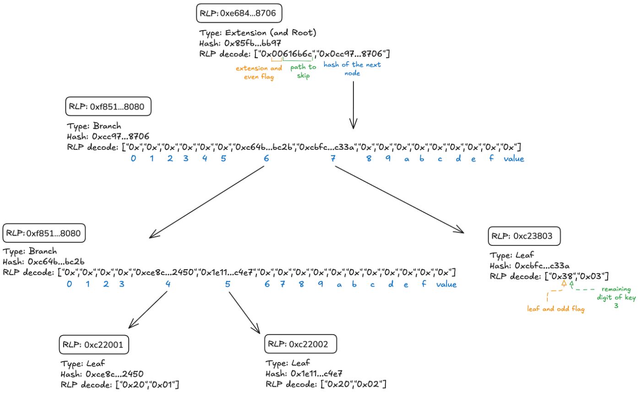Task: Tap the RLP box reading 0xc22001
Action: (x=94, y=344)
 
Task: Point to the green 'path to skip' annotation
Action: (x=303, y=72)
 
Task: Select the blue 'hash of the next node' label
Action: (x=352, y=69)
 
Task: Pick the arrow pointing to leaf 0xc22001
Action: (x=148, y=310)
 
